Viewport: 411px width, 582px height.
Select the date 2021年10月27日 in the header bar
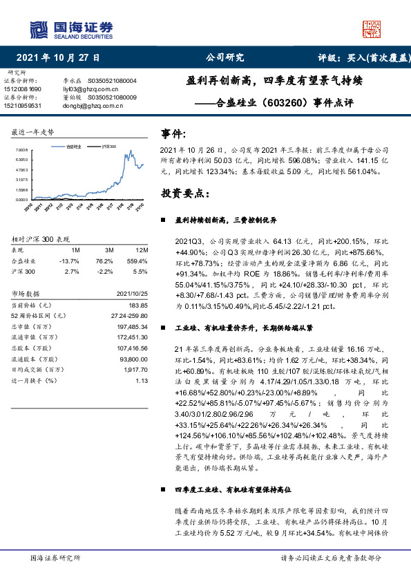pyautogui.click(x=57, y=58)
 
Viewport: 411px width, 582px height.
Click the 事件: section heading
pyautogui.click(x=173, y=133)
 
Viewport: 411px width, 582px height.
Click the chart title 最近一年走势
pyautogui.click(x=32, y=131)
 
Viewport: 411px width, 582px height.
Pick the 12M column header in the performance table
pyautogui.click(x=142, y=249)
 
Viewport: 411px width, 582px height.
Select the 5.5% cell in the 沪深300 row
pyautogui.click(x=143, y=272)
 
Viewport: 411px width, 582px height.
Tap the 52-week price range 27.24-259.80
pyautogui.click(x=126, y=315)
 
